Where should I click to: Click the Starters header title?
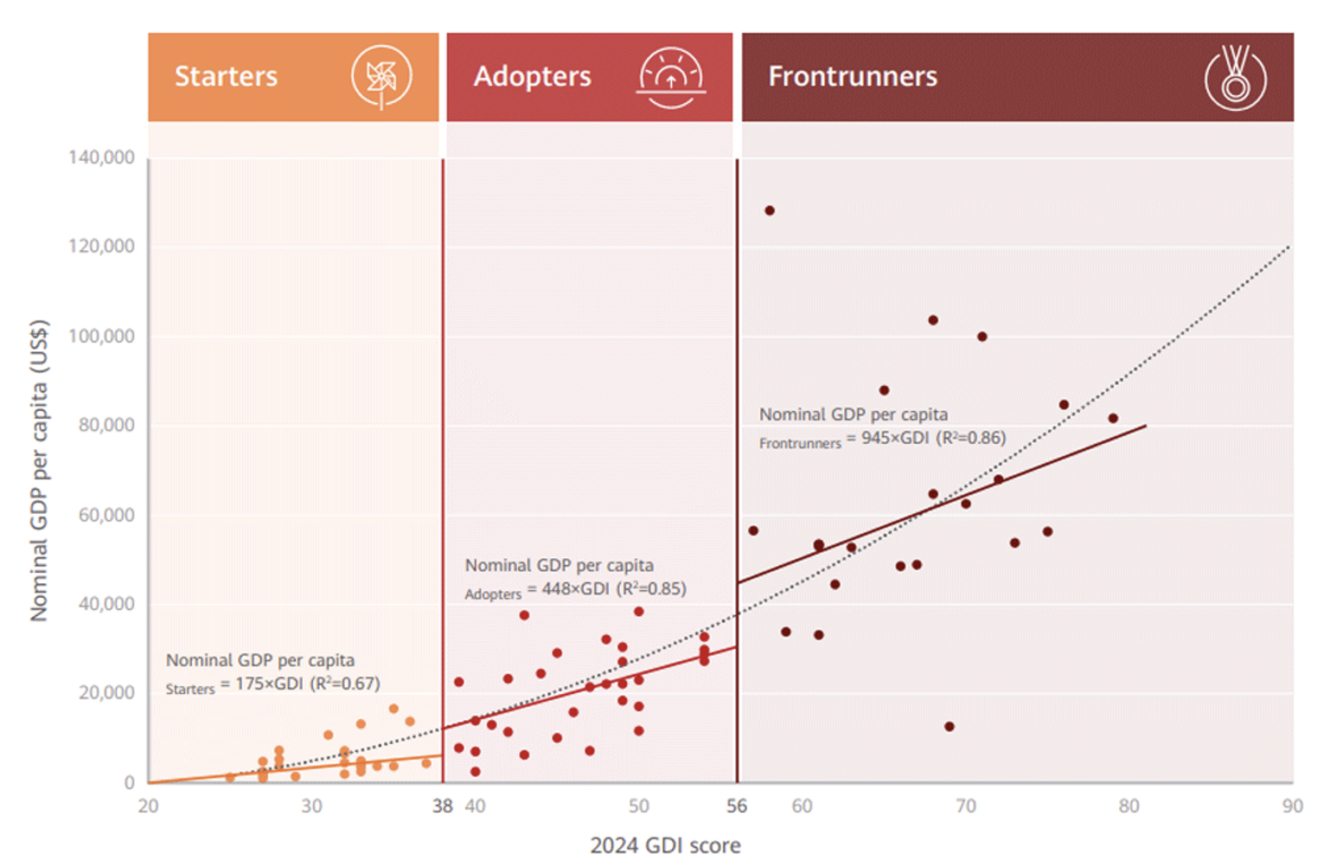[226, 76]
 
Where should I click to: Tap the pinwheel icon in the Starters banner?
[380, 77]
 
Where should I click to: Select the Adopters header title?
[532, 76]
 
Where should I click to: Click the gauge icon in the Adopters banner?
[671, 78]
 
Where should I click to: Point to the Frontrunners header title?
[852, 76]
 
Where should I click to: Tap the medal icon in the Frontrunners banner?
[1235, 78]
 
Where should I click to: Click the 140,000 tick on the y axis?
[101, 157]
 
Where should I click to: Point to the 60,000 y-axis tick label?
[106, 515]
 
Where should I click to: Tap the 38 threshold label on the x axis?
[442, 806]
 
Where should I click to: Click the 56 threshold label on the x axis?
[736, 806]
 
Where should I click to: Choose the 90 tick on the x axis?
[1291, 806]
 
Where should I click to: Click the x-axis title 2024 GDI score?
[665, 845]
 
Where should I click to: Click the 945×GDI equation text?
[895, 438]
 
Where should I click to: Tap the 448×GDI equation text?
[576, 588]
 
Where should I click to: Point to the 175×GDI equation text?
[270, 684]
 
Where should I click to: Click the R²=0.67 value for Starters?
[345, 684]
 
